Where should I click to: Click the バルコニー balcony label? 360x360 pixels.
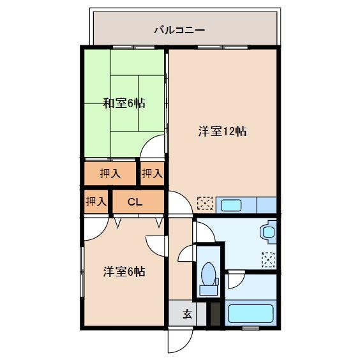179,30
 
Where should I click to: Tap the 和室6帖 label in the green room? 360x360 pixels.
124,103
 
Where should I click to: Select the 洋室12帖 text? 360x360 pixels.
222,131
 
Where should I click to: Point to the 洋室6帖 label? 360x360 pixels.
124,271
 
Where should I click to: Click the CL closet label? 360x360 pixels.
135,202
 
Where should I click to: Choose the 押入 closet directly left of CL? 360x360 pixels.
96,202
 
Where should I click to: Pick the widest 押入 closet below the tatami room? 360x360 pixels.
110,172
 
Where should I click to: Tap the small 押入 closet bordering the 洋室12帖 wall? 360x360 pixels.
151,172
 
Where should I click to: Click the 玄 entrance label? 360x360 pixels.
188,314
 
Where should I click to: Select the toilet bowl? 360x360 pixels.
208,276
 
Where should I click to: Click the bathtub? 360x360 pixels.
251,314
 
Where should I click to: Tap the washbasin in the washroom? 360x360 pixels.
268,232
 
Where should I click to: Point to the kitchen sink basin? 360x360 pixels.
230,205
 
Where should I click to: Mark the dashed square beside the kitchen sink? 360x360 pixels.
205,204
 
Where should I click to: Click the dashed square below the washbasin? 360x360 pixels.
268,259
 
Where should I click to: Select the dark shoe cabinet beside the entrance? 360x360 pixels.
215,314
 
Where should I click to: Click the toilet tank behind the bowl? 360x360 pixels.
208,290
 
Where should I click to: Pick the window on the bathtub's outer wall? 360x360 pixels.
251,327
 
